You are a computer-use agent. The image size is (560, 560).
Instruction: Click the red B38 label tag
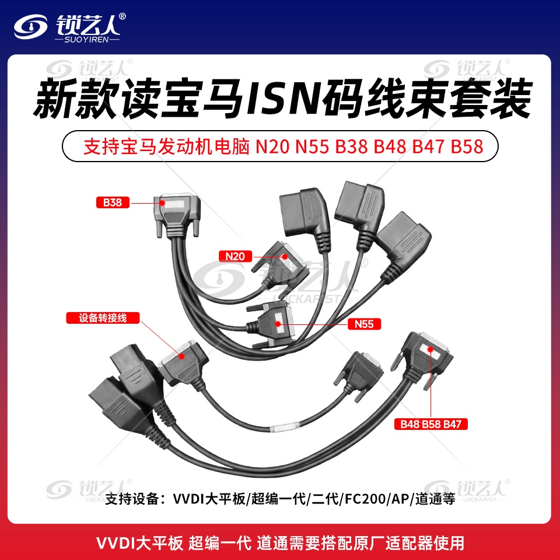point(113,202)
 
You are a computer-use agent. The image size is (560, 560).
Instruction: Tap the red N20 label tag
point(235,256)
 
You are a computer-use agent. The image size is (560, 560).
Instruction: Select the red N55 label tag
point(364,324)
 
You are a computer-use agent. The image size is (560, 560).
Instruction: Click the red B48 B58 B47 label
point(430,424)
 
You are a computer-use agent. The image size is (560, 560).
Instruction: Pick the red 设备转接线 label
point(103,318)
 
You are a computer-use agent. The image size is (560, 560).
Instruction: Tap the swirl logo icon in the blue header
point(31,26)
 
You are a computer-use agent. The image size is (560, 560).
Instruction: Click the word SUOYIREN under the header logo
point(86,40)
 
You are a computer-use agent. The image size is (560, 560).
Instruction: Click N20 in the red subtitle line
point(272,146)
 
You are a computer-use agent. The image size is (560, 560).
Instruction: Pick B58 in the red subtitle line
point(467,146)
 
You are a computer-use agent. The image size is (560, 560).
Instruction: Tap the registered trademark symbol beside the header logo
point(122,16)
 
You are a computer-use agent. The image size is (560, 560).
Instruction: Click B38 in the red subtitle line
point(351,146)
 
